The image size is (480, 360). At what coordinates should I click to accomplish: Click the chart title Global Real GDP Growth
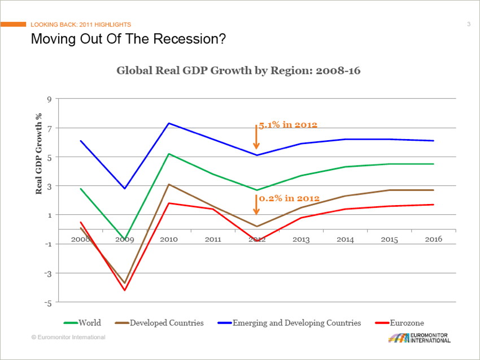point(238,71)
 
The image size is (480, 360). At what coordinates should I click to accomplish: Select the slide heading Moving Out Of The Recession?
point(128,39)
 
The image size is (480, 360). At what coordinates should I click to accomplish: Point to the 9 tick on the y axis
point(50,99)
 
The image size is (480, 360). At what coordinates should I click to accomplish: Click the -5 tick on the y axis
point(49,303)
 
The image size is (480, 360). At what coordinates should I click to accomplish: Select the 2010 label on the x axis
point(169,239)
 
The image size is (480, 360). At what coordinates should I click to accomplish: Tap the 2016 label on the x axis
point(433,239)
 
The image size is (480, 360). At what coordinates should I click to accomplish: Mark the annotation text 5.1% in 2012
point(288,124)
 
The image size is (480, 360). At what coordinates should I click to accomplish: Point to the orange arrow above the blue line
point(256,137)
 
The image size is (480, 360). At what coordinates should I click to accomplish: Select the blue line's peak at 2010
point(169,123)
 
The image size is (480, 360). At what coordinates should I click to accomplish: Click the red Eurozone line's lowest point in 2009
point(125,290)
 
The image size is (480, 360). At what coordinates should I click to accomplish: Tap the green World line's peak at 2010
point(169,154)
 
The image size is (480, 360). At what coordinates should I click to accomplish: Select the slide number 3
point(469,24)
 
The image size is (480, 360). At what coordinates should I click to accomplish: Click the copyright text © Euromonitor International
point(68,337)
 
